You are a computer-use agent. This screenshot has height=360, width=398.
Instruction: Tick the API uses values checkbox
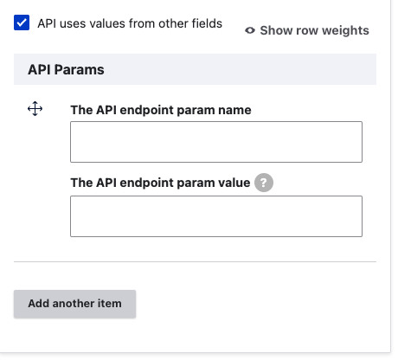(x=22, y=22)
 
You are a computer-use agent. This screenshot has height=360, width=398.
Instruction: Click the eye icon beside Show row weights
(x=250, y=30)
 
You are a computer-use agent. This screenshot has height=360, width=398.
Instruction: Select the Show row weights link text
(x=314, y=30)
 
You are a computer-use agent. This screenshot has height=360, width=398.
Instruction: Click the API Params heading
(x=66, y=69)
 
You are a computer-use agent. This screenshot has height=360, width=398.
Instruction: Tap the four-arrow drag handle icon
(x=35, y=108)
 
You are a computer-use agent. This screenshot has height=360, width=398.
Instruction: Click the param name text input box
(x=216, y=142)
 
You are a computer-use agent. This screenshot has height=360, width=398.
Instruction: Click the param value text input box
(x=216, y=216)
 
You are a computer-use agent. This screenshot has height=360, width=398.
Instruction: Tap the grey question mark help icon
(x=264, y=183)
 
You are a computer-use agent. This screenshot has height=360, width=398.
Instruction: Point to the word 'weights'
(x=345, y=31)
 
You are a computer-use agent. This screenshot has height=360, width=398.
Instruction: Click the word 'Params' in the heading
(x=79, y=69)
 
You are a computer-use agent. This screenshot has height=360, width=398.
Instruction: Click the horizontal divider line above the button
(x=195, y=261)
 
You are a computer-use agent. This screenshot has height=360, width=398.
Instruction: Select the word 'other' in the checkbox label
(x=174, y=23)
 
